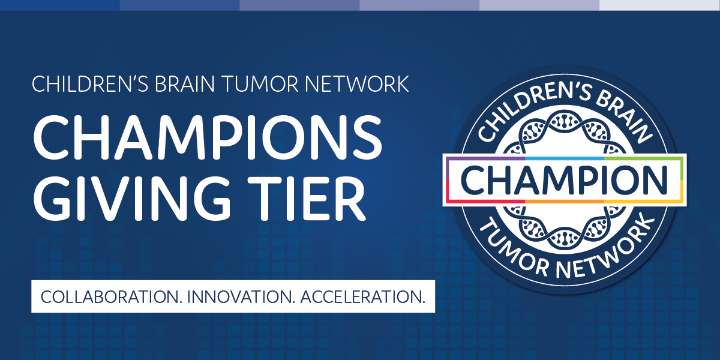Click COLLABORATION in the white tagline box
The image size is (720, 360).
tap(109, 296)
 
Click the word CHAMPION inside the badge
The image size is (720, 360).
tap(565, 179)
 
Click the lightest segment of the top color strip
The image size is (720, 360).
tap(660, 5)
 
